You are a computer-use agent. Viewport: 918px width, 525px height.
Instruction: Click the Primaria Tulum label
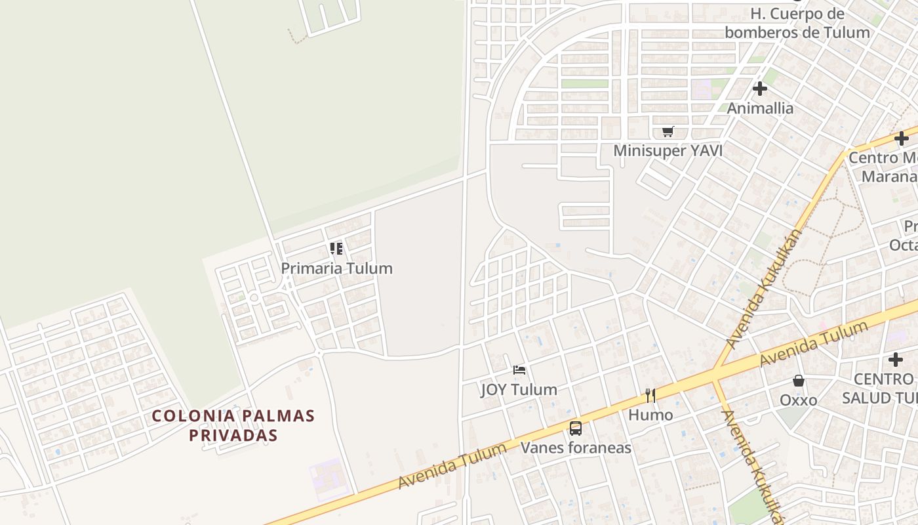[336, 268]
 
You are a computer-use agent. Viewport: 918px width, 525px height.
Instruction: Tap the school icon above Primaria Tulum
[336, 249]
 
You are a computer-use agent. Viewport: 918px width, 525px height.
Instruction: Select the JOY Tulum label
[519, 390]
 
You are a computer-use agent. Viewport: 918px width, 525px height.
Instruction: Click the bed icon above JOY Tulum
[519, 370]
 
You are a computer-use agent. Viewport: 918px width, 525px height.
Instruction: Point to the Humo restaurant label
[650, 415]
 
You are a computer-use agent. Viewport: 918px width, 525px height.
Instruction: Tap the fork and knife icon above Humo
[650, 395]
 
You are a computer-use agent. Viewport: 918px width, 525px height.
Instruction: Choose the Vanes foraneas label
[576, 448]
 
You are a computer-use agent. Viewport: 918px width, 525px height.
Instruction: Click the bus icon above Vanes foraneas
[576, 429]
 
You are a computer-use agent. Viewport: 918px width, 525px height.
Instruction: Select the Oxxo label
[798, 400]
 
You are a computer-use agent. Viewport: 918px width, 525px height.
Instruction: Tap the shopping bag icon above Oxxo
[799, 381]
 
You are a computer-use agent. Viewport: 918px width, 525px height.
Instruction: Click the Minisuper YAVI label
[668, 151]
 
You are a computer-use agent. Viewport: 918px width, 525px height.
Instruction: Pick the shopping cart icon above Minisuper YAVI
[668, 132]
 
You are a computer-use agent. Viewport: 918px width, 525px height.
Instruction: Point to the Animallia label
[760, 108]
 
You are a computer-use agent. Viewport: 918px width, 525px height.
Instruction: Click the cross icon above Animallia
[760, 88]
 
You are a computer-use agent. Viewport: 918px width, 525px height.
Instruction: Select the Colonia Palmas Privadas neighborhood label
[233, 425]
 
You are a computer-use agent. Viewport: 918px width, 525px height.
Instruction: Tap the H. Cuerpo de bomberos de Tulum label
[797, 23]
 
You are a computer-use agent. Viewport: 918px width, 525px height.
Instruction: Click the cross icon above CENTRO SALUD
[896, 360]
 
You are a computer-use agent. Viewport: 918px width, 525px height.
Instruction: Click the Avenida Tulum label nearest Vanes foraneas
[452, 467]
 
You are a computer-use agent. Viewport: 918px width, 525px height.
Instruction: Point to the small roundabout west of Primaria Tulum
[254, 298]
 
